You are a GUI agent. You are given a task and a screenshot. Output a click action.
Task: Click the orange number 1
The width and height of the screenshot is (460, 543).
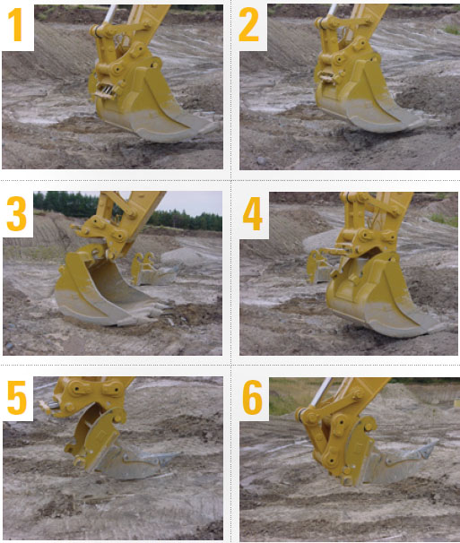coord(16,25)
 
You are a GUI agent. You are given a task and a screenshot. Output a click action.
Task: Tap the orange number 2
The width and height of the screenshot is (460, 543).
coord(249,24)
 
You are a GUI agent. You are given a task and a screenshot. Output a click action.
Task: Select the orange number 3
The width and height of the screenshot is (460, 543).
coord(16,213)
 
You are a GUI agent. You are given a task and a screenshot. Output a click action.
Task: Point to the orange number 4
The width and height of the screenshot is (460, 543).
coord(252,213)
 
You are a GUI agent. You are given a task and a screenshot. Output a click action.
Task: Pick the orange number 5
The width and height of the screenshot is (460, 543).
coord(17,397)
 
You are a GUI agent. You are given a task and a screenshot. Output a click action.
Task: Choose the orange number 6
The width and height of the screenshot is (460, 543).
coord(252,397)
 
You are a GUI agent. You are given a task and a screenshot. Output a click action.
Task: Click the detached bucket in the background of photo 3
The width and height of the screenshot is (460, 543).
coord(154,270)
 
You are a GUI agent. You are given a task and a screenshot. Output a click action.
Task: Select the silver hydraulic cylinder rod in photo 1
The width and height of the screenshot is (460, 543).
coord(110,13)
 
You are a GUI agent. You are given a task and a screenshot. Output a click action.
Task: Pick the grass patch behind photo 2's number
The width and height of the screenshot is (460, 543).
coord(452,30)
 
